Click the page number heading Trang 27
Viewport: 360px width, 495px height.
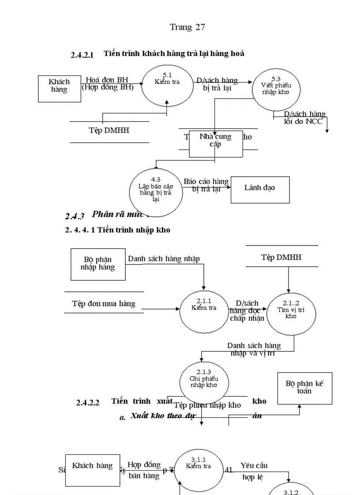click(x=187, y=27)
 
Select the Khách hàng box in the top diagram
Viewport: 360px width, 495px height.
click(x=59, y=89)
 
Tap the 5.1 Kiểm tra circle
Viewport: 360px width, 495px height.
click(x=167, y=85)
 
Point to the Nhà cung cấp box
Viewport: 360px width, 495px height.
click(x=216, y=144)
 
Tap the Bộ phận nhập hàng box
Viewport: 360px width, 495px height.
click(x=97, y=264)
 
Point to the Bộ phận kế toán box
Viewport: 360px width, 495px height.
click(x=304, y=388)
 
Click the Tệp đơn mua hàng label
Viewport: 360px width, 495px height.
click(x=104, y=304)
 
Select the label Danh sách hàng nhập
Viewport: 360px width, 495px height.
click(x=164, y=259)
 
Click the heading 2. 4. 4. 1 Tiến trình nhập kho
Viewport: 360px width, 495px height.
click(x=117, y=230)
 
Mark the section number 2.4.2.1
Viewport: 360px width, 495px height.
click(x=82, y=55)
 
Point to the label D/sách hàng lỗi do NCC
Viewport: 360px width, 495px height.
click(x=303, y=118)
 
